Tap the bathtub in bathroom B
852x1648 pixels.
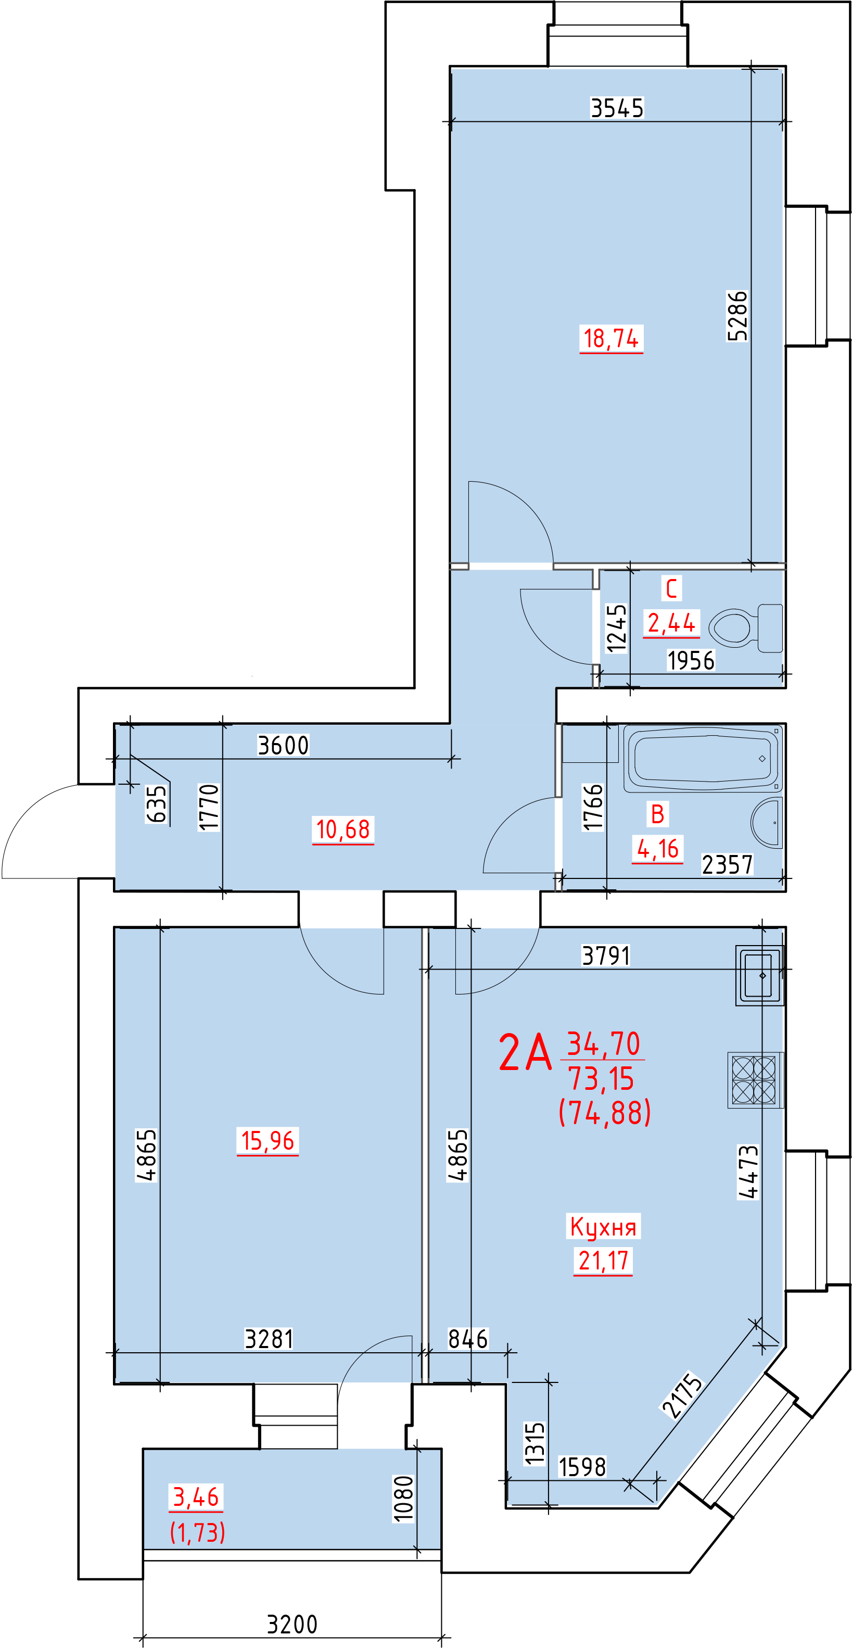tap(702, 758)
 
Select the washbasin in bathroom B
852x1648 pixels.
tap(766, 822)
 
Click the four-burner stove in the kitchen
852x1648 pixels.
tap(755, 1080)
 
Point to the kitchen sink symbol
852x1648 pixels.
tap(760, 976)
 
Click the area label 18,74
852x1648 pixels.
tap(611, 338)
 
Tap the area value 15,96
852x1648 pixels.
tap(268, 1141)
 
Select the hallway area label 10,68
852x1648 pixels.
tap(343, 830)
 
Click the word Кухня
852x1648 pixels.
tap(603, 1226)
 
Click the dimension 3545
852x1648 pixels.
tap(617, 108)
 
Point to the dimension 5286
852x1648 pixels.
tap(737, 316)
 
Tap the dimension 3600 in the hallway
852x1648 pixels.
tap(283, 745)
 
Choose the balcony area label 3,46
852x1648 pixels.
tap(196, 1496)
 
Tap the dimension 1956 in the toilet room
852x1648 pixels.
tap(690, 660)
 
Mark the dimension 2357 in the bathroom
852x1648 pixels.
tap(727, 864)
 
